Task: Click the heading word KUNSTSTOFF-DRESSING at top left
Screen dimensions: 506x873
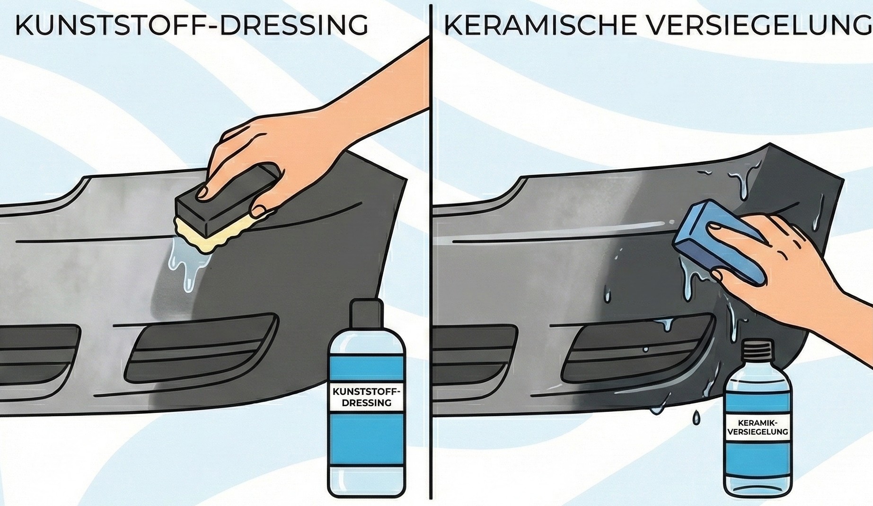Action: [x=192, y=26]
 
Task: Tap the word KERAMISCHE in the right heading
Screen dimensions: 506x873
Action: [x=539, y=26]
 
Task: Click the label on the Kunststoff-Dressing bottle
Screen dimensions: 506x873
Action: [x=367, y=397]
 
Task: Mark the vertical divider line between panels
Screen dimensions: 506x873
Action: [x=431, y=251]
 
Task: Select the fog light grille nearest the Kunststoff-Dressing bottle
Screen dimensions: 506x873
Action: [x=201, y=348]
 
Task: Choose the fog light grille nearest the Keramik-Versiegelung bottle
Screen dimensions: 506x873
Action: [x=636, y=350]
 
